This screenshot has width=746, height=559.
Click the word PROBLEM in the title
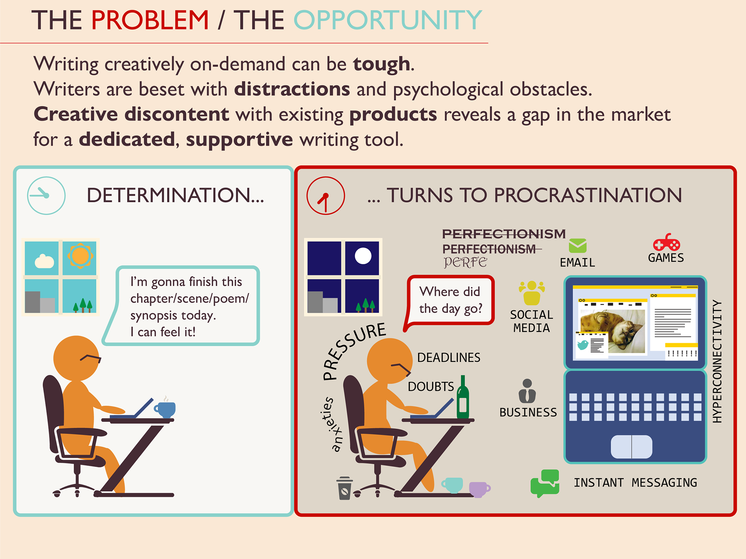pyautogui.click(x=150, y=20)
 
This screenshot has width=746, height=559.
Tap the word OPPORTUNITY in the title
pyautogui.click(x=387, y=20)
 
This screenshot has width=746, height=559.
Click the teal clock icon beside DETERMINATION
pyautogui.click(x=46, y=196)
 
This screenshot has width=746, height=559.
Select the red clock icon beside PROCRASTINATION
pyautogui.click(x=326, y=196)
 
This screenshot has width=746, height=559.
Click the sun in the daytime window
pyautogui.click(x=80, y=256)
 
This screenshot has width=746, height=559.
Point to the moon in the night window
pyautogui.click(x=363, y=256)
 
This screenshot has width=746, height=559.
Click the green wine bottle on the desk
pyautogui.click(x=462, y=398)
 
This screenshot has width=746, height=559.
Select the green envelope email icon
pyautogui.click(x=577, y=246)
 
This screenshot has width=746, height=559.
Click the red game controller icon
pyautogui.click(x=666, y=243)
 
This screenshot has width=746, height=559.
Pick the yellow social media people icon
pyautogui.click(x=532, y=293)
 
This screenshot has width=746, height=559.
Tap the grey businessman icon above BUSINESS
pyautogui.click(x=527, y=391)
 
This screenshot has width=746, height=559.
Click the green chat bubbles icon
pyautogui.click(x=545, y=483)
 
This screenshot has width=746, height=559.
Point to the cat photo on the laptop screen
pyautogui.click(x=613, y=330)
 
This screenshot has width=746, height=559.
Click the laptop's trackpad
pyautogui.click(x=631, y=447)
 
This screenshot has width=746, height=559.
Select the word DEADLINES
pyautogui.click(x=449, y=358)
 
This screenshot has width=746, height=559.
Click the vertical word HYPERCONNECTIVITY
pyautogui.click(x=717, y=361)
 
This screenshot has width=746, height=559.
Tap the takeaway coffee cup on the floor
pyautogui.click(x=344, y=488)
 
